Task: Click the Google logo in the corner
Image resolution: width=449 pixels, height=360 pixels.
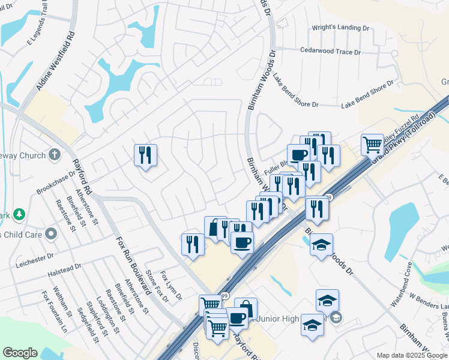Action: [20, 353]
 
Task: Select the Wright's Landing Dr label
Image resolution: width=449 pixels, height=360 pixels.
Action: [340, 28]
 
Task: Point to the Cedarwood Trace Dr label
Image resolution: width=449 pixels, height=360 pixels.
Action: [330, 52]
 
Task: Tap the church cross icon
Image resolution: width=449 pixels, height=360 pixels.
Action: [55, 155]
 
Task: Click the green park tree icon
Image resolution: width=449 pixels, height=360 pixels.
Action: [20, 214]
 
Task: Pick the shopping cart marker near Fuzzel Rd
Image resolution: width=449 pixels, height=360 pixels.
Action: [372, 144]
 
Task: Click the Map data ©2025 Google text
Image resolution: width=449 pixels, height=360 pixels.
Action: [411, 355]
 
